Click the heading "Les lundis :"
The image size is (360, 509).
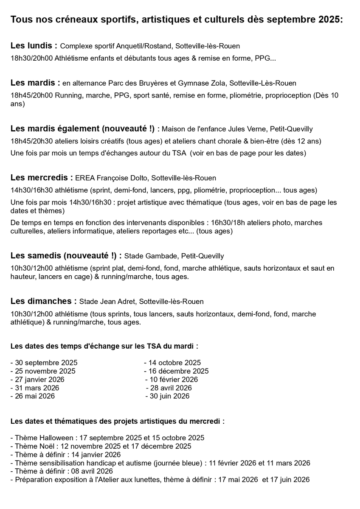point(34,45)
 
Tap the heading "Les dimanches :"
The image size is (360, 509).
point(43,301)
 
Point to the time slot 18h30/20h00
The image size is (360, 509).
point(31,58)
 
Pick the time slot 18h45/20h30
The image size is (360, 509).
point(31,141)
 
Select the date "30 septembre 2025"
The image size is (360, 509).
point(46,363)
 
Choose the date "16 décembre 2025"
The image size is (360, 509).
point(178,371)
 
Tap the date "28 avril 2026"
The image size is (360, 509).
point(171,388)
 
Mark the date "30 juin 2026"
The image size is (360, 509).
point(169,396)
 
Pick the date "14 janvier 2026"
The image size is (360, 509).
point(87,454)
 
